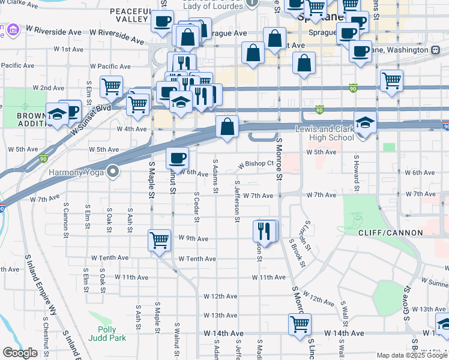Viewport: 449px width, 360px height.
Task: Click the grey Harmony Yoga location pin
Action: click(x=112, y=172)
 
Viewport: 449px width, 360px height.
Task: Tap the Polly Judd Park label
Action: click(x=112, y=334)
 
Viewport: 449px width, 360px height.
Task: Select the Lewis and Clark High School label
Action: click(x=325, y=133)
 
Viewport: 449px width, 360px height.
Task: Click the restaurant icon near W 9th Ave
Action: click(x=265, y=230)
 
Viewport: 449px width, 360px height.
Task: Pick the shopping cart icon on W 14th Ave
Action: click(x=300, y=325)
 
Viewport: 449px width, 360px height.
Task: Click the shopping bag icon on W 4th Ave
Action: click(x=228, y=127)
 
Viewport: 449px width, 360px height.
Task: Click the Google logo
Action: click(x=20, y=353)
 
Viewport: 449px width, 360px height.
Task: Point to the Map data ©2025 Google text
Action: click(x=412, y=355)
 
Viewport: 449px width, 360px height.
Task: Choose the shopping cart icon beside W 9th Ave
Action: click(x=160, y=241)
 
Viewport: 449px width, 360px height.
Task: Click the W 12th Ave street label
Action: click(x=221, y=296)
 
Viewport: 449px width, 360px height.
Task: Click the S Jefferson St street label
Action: click(x=238, y=202)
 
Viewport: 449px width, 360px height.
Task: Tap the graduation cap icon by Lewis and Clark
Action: click(x=365, y=124)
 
